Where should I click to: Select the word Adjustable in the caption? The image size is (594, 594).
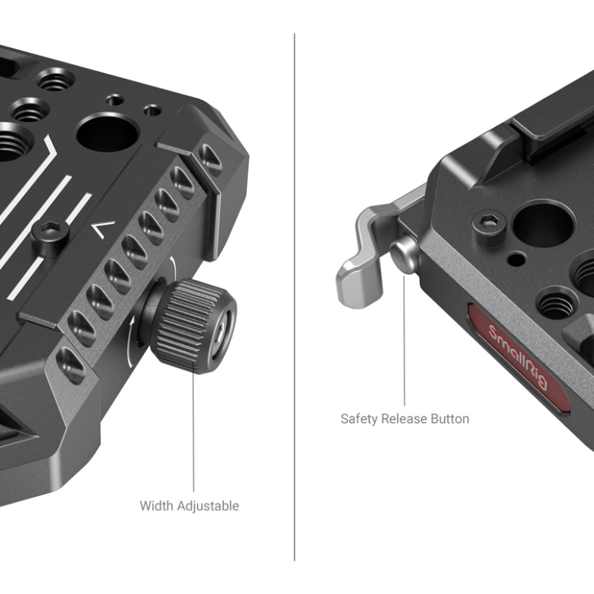(208, 506)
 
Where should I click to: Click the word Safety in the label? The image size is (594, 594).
(359, 419)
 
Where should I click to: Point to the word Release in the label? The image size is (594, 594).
(405, 419)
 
